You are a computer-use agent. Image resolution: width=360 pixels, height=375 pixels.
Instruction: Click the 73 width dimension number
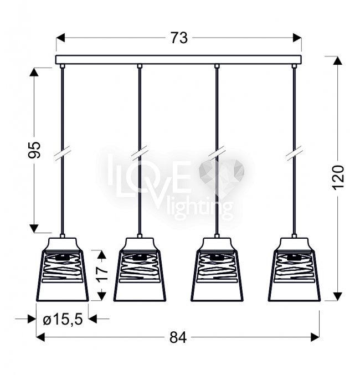coord(179,38)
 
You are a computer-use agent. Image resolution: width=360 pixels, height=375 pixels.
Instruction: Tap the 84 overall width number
coord(178,338)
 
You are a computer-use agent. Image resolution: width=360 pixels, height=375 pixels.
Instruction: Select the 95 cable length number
coord(34,150)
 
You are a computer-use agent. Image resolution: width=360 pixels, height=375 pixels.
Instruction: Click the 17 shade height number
coord(102,274)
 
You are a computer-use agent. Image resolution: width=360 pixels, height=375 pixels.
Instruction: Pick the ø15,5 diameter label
coord(63,319)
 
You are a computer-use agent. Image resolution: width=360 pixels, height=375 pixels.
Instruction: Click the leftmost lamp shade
coord(63,269)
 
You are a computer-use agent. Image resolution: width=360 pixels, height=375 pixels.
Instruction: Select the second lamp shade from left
coord(140,269)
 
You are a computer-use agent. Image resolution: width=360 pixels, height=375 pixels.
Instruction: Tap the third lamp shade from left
coord(217,269)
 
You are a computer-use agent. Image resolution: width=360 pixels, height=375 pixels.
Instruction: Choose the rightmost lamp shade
coord(294,269)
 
